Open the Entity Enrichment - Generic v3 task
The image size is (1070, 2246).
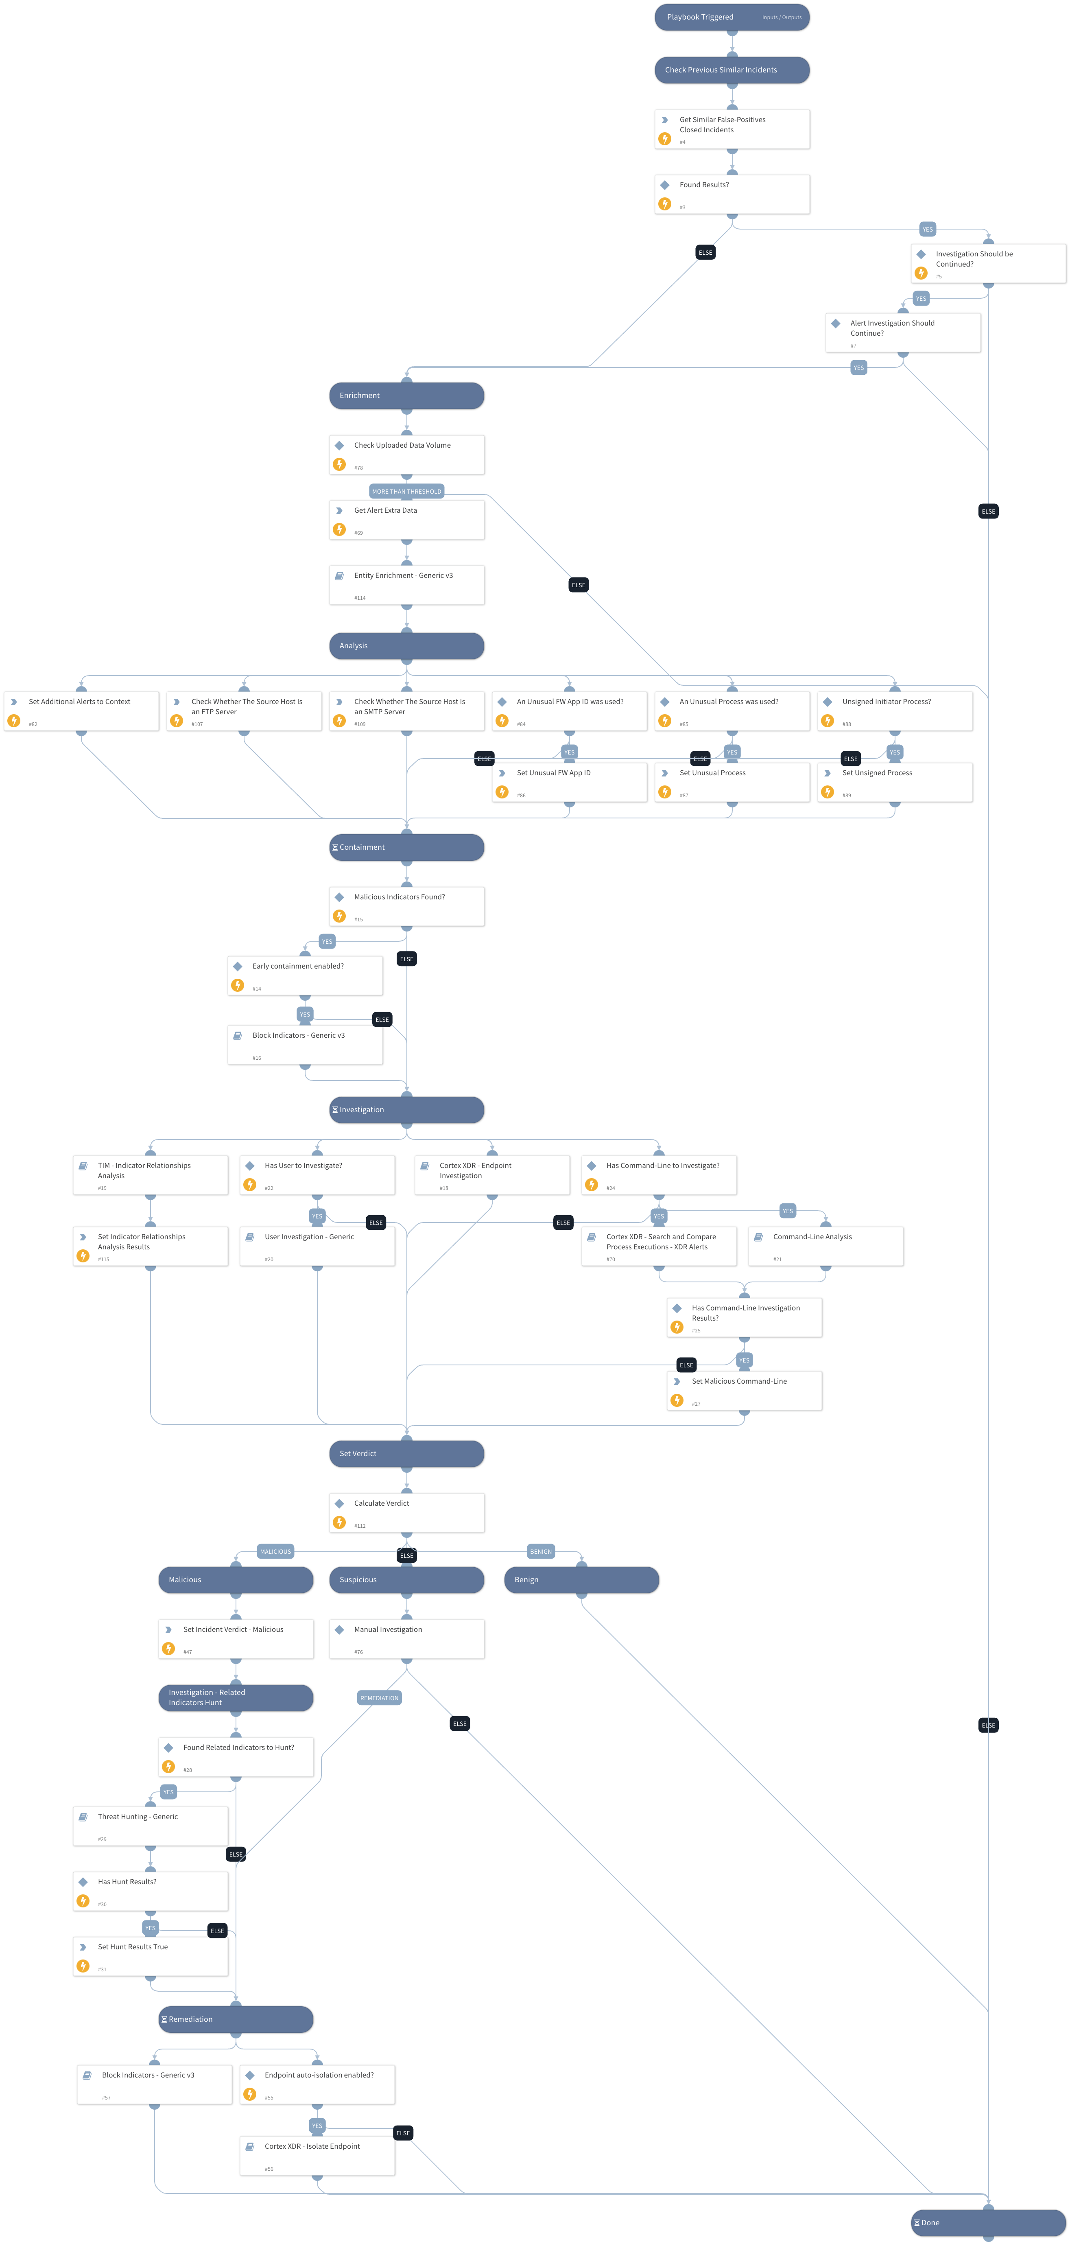click(x=406, y=584)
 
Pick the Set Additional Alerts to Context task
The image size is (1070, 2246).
click(x=81, y=711)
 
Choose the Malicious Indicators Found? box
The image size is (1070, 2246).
click(x=406, y=906)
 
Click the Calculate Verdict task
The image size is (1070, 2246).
click(x=406, y=1512)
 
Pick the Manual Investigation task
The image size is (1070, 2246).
click(x=406, y=1638)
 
